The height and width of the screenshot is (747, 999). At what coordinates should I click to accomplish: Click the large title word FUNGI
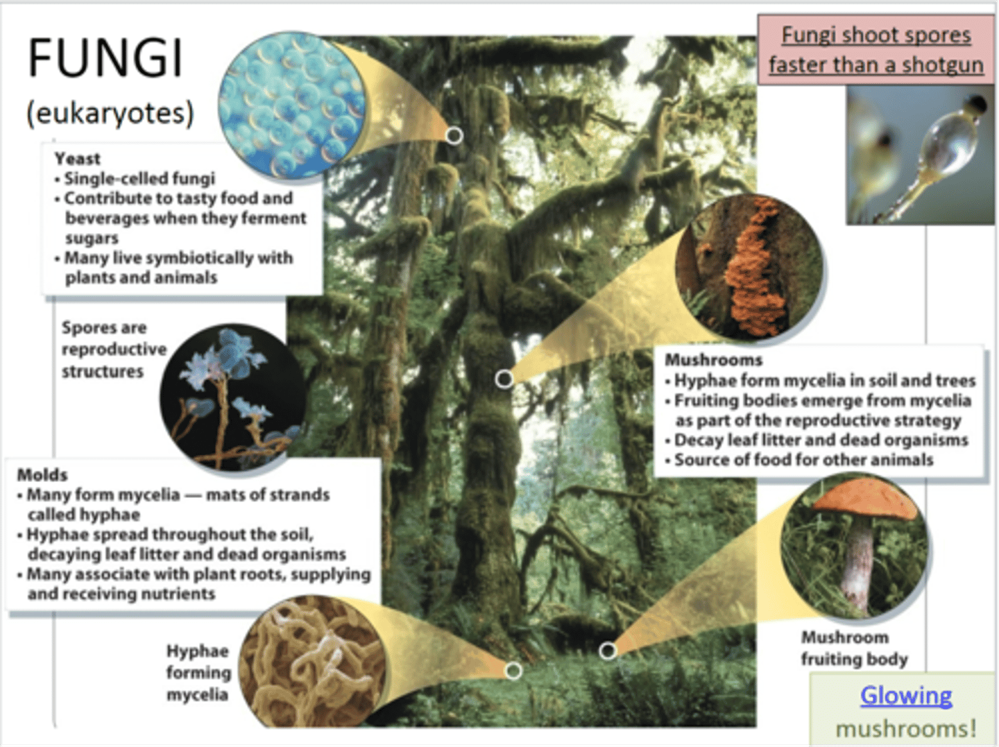tap(105, 58)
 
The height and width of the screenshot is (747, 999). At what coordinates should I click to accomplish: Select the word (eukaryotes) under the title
tap(110, 113)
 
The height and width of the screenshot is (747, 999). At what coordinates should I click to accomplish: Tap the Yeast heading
tap(78, 159)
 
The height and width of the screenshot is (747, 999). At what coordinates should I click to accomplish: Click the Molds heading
tap(42, 475)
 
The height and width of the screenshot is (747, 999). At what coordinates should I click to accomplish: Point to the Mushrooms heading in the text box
tap(713, 360)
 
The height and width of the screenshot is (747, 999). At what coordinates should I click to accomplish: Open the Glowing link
tap(906, 695)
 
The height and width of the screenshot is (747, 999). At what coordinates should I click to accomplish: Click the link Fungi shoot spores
tap(876, 35)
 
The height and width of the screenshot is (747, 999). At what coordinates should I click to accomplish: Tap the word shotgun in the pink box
tap(942, 65)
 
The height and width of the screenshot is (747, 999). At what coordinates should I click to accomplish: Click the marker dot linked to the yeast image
tap(454, 135)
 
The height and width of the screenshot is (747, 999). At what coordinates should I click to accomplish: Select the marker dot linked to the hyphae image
tap(513, 671)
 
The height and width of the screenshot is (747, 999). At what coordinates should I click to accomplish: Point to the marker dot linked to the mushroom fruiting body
tap(608, 651)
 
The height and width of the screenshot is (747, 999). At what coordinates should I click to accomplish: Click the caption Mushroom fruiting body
tap(854, 648)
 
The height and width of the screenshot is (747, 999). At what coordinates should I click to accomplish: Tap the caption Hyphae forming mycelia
tap(198, 673)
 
